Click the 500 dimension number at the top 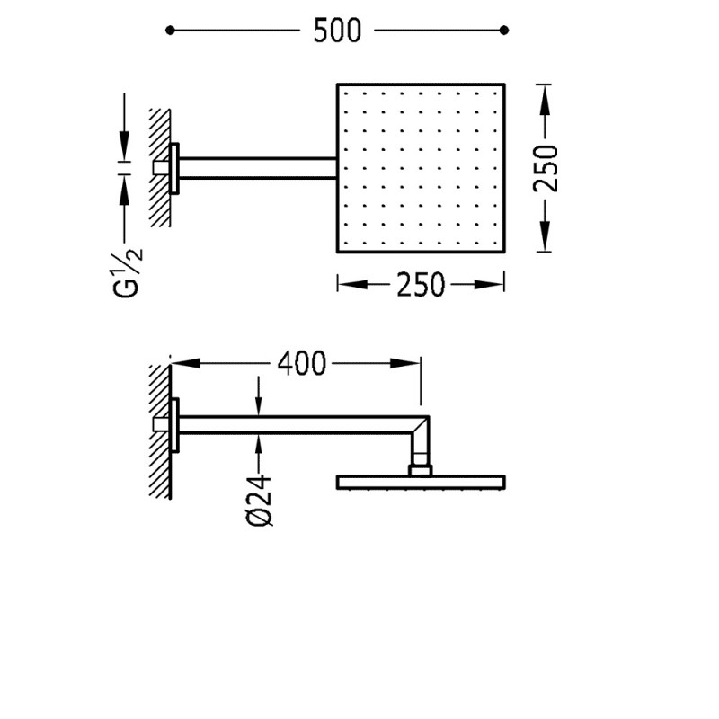337,31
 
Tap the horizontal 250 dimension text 421,285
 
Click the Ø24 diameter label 259,500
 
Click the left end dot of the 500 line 171,31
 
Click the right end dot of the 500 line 503,31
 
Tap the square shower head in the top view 422,168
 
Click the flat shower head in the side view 422,483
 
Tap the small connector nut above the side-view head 421,468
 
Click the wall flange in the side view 177,425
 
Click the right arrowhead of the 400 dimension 409,363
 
